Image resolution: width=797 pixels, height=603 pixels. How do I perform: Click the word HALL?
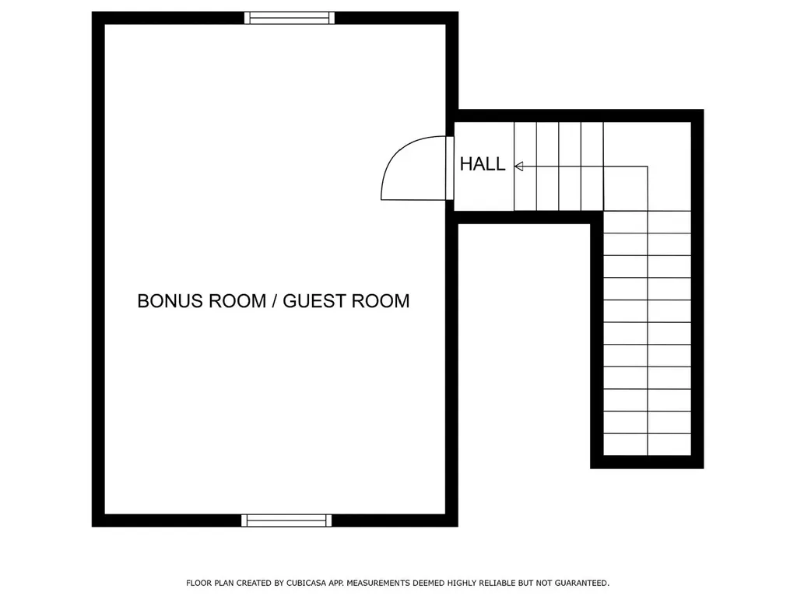pos(483,164)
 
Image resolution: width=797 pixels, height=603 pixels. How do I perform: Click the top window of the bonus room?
pos(290,18)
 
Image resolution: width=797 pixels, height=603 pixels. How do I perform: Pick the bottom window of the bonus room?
pos(286,521)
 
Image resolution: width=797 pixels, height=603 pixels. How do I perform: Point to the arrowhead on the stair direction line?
pos(518,166)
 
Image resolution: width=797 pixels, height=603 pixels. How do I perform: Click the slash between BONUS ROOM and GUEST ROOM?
pos(274,301)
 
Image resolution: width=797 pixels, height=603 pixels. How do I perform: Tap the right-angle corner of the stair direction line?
pos(648,167)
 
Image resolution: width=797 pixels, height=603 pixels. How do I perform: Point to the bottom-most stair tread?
pos(648,444)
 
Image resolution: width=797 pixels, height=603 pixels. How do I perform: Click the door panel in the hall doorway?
pos(449,169)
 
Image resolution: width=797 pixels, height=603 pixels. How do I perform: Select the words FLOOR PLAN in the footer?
pos(207,583)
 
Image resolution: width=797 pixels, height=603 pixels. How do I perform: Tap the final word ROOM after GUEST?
pos(381,301)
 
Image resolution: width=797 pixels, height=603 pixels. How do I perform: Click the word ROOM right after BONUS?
pos(237,301)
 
